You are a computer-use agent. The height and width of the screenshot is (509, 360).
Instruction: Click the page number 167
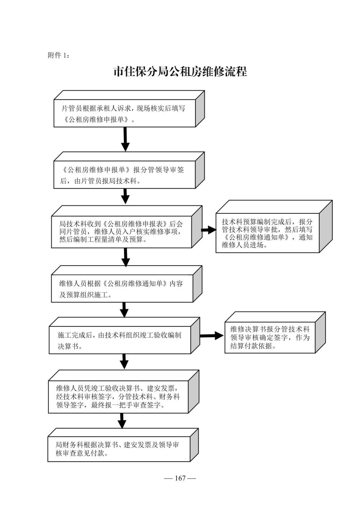tap(180, 478)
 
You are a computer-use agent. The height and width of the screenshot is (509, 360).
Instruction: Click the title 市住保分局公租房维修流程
tap(180, 72)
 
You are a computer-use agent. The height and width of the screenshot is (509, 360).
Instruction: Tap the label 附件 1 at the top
tap(59, 55)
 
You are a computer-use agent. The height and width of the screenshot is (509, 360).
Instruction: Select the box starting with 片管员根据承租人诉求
tap(125, 114)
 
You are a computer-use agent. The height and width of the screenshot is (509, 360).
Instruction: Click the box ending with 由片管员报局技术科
tap(125, 175)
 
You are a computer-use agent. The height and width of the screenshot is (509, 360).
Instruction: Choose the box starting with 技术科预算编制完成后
tap(267, 233)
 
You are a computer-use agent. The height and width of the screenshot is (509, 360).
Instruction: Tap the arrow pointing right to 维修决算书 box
tap(211, 336)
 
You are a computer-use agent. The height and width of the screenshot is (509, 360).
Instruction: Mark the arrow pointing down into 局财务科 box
tap(122, 421)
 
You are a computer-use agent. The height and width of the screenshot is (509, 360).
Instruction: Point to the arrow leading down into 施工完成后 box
tap(124, 310)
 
